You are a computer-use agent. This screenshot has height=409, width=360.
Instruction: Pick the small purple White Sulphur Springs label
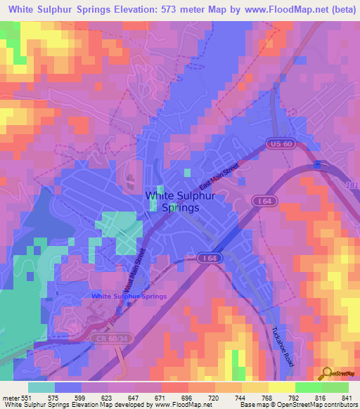(129, 297)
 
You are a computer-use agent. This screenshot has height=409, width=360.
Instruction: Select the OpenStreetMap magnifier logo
(325, 372)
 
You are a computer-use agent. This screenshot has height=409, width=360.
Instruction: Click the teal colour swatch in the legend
(41, 387)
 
